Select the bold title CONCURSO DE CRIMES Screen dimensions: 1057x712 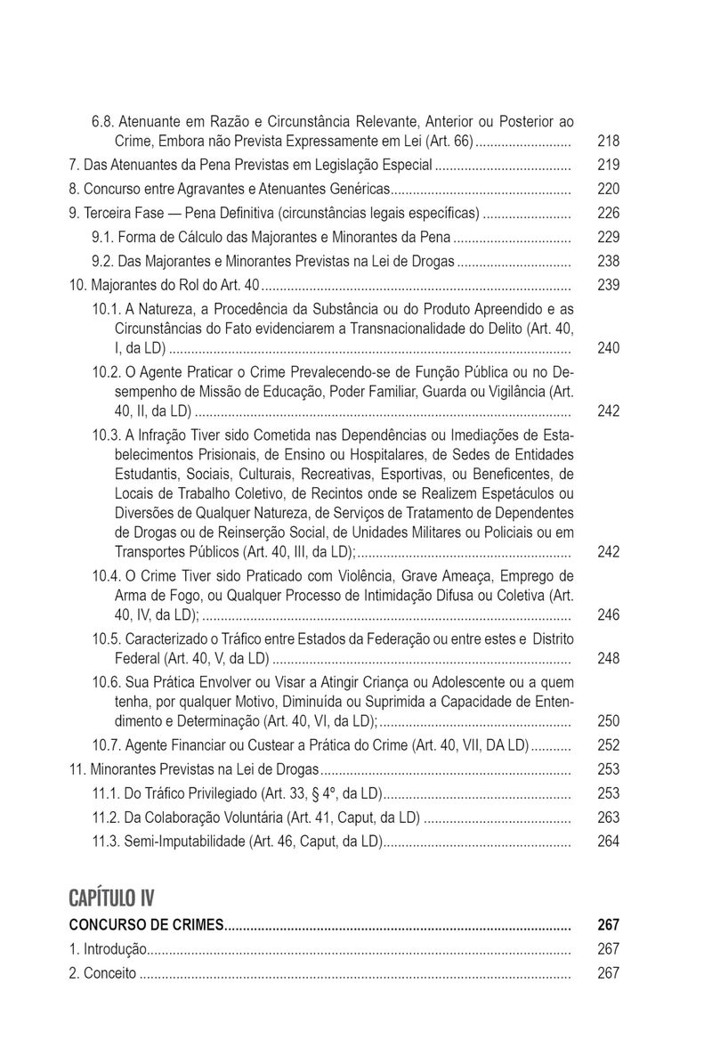[x=146, y=925]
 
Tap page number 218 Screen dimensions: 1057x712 [x=609, y=141]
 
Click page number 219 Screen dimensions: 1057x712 [x=609, y=165]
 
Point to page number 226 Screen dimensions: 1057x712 [x=609, y=213]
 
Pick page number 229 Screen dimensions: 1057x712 [x=609, y=237]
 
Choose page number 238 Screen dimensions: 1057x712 [x=609, y=261]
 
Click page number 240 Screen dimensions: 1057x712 [x=609, y=348]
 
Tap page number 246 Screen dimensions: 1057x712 [x=609, y=614]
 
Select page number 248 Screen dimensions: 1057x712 [x=609, y=659]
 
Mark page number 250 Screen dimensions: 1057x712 [x=609, y=721]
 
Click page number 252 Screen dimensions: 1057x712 [x=609, y=745]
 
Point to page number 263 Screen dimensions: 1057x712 [x=609, y=817]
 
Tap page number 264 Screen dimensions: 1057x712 [x=609, y=842]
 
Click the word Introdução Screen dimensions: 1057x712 [x=115, y=949]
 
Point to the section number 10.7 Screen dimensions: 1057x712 [x=105, y=745]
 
